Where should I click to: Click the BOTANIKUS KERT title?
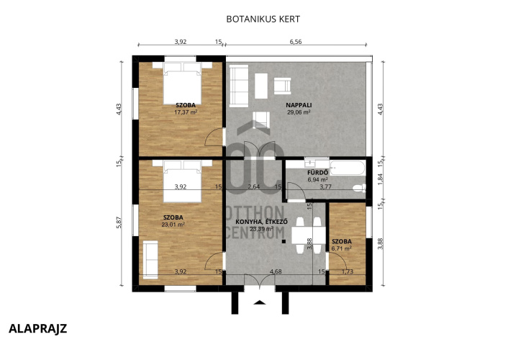click(263, 19)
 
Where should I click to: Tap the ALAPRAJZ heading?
click(37, 328)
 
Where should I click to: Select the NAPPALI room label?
click(299, 105)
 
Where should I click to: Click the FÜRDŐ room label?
click(317, 173)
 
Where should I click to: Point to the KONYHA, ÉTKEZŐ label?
click(261, 222)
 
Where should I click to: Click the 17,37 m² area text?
click(186, 112)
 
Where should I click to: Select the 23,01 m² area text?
click(173, 225)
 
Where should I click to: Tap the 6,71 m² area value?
click(342, 248)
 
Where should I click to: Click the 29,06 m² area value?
click(299, 112)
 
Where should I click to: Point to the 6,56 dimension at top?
click(296, 42)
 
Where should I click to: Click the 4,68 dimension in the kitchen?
click(276, 271)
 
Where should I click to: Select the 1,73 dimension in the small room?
click(348, 271)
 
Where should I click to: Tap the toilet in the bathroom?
click(359, 188)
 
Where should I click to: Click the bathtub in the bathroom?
click(348, 168)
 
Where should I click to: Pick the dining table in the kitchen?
click(309, 235)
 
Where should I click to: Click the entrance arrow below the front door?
click(260, 302)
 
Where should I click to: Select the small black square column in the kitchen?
click(284, 241)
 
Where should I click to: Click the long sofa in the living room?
click(239, 86)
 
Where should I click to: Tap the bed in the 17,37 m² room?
click(182, 84)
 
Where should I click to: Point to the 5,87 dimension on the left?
click(119, 222)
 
